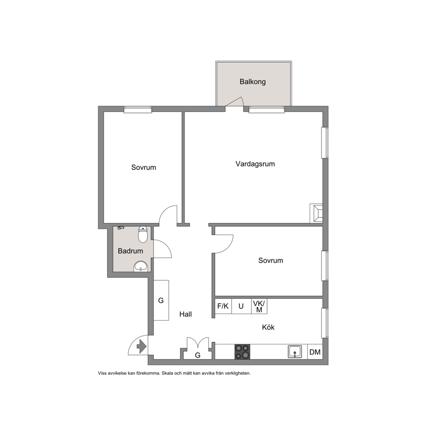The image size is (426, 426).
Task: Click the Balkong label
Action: tap(253, 82)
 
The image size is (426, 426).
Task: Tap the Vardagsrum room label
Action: tap(255, 164)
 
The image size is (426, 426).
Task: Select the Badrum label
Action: tap(131, 251)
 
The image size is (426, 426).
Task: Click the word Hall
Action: tap(186, 314)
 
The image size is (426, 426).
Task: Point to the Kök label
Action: tap(268, 327)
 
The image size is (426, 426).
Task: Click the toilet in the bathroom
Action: tap(143, 234)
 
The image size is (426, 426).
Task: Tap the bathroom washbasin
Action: tap(141, 266)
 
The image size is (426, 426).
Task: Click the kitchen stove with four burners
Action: tap(242, 352)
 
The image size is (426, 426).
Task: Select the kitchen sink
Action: tap(295, 352)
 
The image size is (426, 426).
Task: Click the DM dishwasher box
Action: tap(315, 352)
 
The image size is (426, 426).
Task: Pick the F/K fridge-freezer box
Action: tap(223, 306)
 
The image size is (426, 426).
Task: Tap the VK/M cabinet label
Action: tap(259, 306)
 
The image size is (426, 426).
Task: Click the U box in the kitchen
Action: tap(241, 306)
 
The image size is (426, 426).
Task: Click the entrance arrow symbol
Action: tap(142, 347)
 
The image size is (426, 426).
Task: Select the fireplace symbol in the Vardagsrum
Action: tap(316, 213)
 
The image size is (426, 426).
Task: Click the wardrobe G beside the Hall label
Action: tap(161, 300)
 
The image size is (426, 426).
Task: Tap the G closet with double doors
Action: tap(198, 355)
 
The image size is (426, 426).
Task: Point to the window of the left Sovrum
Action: tap(138, 109)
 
